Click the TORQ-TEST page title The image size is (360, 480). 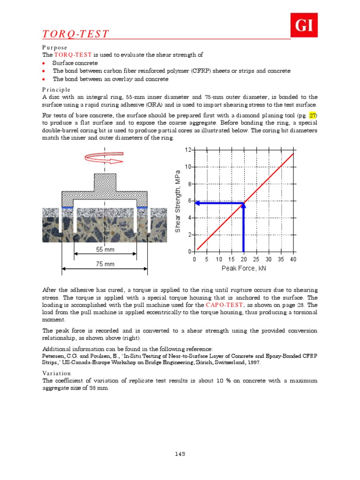tap(76, 34)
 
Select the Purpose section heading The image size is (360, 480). tap(55, 48)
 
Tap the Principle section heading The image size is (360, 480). tap(56, 90)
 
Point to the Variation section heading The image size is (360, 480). tap(57, 374)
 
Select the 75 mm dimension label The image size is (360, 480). tap(105, 264)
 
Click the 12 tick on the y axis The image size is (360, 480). tap(187, 150)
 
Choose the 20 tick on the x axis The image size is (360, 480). tap(244, 259)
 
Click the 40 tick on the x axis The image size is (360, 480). tap(293, 259)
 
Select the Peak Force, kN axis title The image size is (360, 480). tap(244, 269)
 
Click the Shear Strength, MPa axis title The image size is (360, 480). tap(178, 202)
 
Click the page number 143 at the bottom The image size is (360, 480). tap(180, 454)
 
